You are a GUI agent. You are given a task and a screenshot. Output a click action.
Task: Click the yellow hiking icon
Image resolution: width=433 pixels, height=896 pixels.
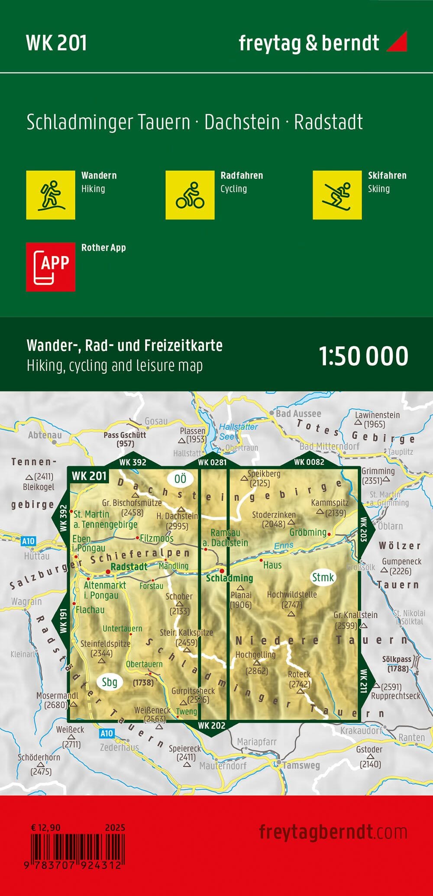pos(51,195)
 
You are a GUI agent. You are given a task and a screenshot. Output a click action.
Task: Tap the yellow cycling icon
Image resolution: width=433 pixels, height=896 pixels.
pos(190,195)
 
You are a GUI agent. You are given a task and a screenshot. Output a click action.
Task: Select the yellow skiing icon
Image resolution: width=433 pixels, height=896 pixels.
pos(337,195)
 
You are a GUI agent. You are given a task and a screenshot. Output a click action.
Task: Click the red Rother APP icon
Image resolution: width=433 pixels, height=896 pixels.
pos(51,267)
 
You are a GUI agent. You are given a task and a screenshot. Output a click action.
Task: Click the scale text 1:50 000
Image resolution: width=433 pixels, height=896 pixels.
pos(364,356)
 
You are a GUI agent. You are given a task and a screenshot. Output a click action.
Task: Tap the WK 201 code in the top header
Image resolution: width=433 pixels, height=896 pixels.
pos(56,43)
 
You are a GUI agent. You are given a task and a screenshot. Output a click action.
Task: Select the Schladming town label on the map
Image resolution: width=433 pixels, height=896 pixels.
pos(229,578)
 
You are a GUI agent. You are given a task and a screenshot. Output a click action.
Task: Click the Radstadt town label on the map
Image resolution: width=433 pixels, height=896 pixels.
pos(129,567)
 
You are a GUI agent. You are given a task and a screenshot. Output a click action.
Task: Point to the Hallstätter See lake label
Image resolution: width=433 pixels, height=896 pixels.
pos(238,431)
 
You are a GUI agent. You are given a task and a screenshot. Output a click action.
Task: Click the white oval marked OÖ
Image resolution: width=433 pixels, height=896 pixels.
pos(180,479)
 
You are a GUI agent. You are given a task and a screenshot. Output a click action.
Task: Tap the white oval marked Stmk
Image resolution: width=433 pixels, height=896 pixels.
pos(323,577)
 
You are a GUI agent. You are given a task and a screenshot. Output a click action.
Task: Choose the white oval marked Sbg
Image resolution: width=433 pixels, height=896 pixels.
pos(110,682)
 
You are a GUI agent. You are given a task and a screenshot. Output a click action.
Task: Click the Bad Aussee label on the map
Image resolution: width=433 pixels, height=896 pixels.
pos(298,414)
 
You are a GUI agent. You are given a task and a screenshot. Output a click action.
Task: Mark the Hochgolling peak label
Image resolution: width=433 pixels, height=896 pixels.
pos(255,655)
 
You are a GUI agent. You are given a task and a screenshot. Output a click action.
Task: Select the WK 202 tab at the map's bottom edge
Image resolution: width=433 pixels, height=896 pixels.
pos(212,726)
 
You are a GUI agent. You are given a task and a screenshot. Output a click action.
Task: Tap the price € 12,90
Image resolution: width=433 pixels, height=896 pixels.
pos(46,828)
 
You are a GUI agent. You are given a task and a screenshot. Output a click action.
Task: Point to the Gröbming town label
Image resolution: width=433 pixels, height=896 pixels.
pos(308,532)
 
